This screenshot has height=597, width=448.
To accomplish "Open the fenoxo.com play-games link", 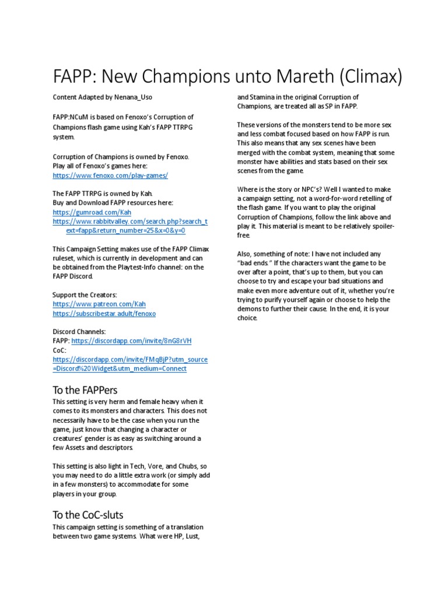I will click(110, 175).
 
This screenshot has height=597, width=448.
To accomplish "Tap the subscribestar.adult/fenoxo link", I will click(104, 314).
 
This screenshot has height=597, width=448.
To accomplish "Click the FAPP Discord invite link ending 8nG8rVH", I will click(131, 341).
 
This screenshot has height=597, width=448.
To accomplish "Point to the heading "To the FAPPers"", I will click(85, 389).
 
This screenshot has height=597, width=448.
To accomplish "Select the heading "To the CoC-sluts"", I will click(87, 515).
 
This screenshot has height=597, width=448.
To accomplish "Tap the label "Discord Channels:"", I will click(79, 332).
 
